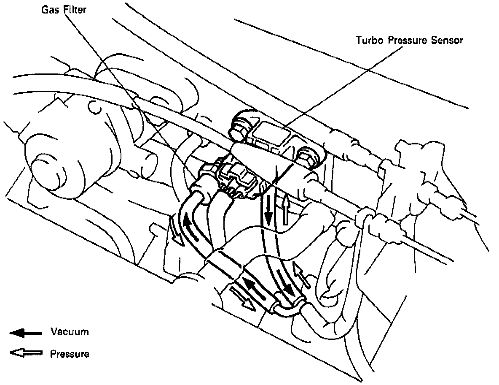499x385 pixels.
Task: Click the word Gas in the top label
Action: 48,9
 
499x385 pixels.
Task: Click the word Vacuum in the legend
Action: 70,332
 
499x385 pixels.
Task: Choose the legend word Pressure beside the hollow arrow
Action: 70,354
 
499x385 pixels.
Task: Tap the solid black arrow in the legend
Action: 26,333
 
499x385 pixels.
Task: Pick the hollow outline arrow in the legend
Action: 26,354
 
